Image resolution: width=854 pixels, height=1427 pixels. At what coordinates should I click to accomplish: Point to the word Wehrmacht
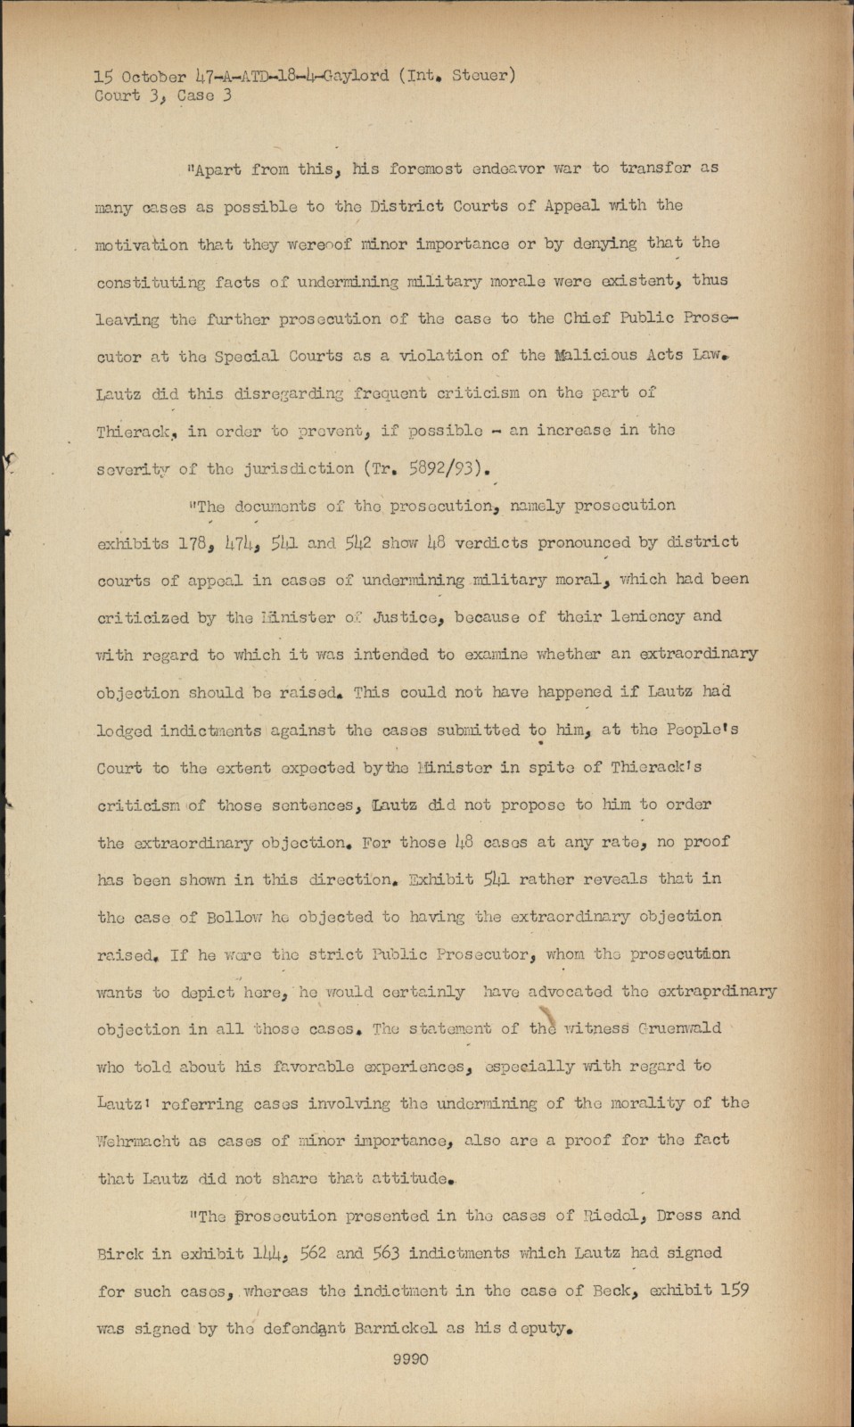pyautogui.click(x=138, y=1140)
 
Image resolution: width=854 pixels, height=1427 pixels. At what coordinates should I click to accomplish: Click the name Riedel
pyautogui.click(x=584, y=1215)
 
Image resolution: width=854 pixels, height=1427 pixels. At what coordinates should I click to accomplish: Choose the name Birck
pyautogui.click(x=119, y=1253)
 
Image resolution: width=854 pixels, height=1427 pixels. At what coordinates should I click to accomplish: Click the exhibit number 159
pyautogui.click(x=733, y=1291)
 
